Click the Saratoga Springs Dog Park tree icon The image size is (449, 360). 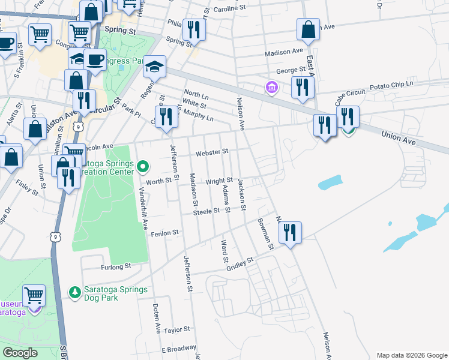(x=75, y=292)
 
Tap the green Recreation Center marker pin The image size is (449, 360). (x=143, y=165)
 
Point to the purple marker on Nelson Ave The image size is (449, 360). (x=272, y=88)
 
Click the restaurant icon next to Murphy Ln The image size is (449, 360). (x=166, y=116)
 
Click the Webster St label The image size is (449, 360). (x=211, y=152)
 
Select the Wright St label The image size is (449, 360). (x=219, y=181)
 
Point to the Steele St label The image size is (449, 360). (x=206, y=211)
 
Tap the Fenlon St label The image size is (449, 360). (x=166, y=232)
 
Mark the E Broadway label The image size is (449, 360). (x=179, y=349)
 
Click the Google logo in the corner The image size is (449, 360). (x=20, y=353)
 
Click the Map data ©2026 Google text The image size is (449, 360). (x=411, y=355)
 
